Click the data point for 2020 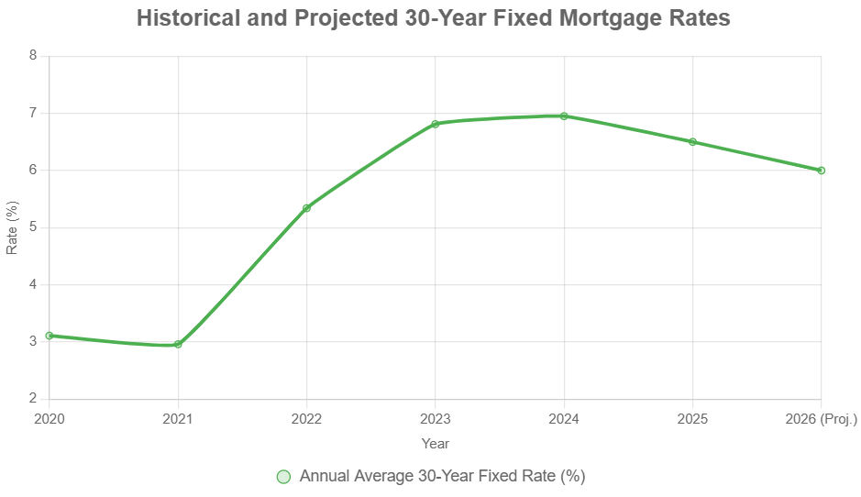50,336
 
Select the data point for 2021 178,344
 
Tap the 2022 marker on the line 306,208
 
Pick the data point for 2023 436,124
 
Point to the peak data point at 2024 564,116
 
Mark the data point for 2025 692,142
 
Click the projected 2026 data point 821,171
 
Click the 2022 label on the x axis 306,419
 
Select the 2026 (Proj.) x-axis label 821,419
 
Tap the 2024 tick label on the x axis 564,419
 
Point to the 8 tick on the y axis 33,56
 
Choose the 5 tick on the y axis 33,227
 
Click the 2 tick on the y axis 33,399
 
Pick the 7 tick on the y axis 33,113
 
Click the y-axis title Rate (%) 12,227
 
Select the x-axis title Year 436,444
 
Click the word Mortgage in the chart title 575,18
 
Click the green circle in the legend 283,477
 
